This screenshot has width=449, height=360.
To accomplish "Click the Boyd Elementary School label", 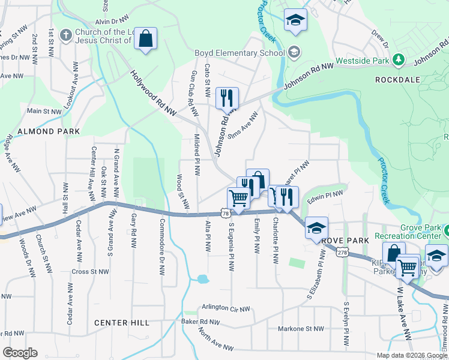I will click(x=239, y=53).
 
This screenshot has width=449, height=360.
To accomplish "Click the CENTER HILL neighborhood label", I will click(x=122, y=323).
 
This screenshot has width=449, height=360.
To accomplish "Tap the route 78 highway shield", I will click(x=224, y=213).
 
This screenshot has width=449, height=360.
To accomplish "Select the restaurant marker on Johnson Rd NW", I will click(x=227, y=97).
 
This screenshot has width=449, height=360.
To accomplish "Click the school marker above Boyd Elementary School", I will click(x=295, y=20).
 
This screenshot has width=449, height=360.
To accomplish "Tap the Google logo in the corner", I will click(x=20, y=352).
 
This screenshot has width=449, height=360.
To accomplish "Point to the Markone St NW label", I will click(x=301, y=329).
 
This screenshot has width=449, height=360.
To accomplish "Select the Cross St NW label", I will click(x=90, y=271).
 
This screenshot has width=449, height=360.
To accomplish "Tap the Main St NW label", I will click(x=43, y=111).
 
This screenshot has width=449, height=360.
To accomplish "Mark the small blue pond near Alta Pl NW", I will click(x=203, y=279).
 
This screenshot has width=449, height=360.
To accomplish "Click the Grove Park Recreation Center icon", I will click(x=445, y=230).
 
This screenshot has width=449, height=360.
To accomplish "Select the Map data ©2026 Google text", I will click(x=411, y=355).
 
